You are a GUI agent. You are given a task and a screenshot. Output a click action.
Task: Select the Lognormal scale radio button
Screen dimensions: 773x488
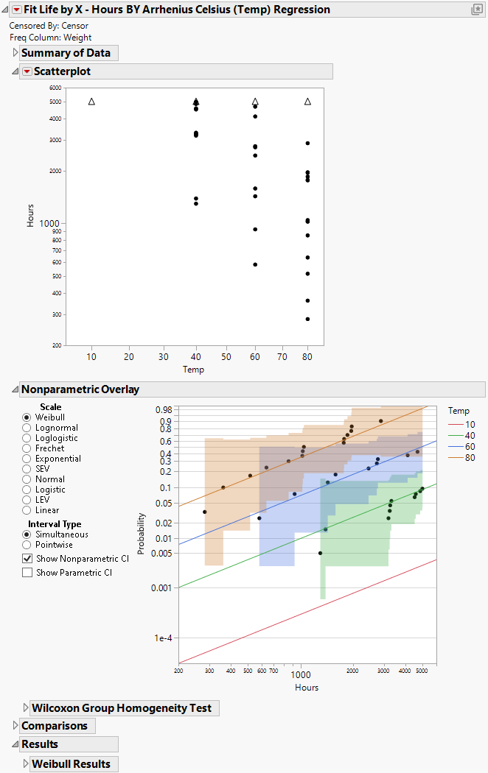pos(27,428)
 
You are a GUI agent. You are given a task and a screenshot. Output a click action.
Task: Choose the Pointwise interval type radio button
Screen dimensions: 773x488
pos(27,545)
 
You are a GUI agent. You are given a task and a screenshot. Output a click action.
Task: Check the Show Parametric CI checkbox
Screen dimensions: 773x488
pos(27,572)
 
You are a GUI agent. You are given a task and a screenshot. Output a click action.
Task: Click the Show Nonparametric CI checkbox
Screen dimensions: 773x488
pos(27,559)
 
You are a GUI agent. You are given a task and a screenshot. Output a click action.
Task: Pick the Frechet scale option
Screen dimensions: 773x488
pos(27,448)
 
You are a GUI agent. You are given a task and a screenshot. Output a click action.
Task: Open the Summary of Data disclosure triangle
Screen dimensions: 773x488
pos(15,53)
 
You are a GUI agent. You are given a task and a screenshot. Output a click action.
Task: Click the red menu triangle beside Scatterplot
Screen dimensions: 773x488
pos(27,71)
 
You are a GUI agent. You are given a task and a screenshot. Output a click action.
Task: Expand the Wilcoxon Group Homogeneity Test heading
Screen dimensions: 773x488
pos(26,708)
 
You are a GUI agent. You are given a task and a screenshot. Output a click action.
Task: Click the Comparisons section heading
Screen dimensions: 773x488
pos(54,726)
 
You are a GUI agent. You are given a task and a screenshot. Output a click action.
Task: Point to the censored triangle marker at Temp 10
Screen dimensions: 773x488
pos(91,102)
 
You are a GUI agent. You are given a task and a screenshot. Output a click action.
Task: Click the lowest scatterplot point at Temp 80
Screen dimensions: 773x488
pos(307,319)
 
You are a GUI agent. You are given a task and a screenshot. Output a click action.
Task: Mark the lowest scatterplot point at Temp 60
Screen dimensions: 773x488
pos(255,264)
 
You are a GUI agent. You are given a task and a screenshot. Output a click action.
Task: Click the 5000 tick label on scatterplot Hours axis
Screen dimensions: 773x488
pos(55,102)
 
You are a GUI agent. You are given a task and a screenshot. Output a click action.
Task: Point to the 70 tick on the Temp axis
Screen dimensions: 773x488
pos(282,357)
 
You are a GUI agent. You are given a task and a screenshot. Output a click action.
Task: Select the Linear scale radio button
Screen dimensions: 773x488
pos(27,510)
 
